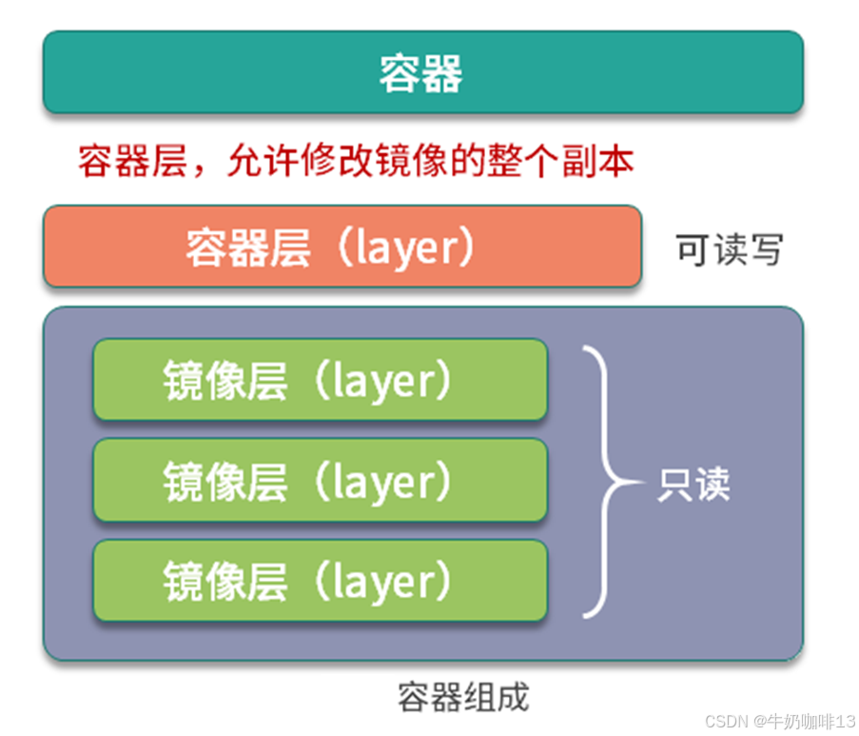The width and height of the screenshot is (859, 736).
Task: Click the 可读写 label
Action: point(730,249)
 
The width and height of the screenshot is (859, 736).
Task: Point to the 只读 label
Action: point(693,485)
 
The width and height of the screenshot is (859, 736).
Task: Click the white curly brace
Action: point(605,482)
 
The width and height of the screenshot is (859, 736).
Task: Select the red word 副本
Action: point(603,161)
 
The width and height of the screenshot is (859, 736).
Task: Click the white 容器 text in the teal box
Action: point(421,72)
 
